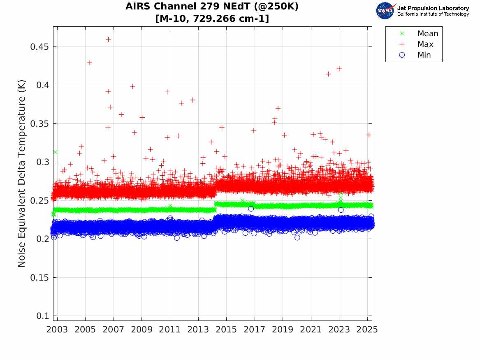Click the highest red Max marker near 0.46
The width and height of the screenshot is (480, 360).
click(x=108, y=39)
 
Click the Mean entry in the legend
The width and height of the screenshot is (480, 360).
click(x=428, y=33)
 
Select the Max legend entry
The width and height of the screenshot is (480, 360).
click(x=425, y=44)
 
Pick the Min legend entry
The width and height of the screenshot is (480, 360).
click(x=424, y=55)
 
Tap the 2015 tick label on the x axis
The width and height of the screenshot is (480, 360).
click(x=226, y=330)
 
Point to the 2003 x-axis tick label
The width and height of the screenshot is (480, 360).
click(x=57, y=330)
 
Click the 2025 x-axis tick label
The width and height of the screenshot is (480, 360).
click(x=367, y=330)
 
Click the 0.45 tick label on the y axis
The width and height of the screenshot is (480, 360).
click(x=39, y=46)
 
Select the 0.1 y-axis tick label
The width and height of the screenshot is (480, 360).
click(x=43, y=316)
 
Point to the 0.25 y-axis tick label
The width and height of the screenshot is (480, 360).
click(x=39, y=200)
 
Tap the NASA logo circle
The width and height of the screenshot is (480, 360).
click(x=385, y=11)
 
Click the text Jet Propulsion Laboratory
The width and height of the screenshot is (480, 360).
click(x=433, y=8)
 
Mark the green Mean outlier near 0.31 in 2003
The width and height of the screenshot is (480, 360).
click(x=55, y=152)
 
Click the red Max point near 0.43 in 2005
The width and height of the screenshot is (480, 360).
click(x=89, y=63)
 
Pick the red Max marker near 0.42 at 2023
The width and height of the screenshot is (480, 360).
click(x=339, y=69)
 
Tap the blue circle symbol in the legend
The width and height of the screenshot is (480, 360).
click(x=402, y=55)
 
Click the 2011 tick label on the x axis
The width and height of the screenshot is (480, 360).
click(x=170, y=330)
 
